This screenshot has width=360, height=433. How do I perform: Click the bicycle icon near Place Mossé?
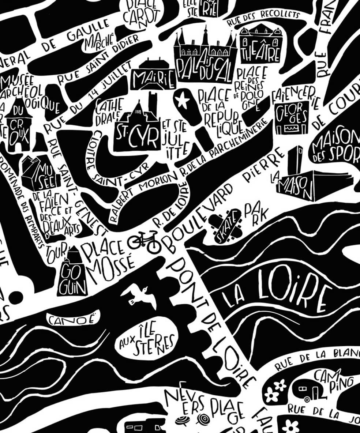pyautogui.click(x=144, y=241)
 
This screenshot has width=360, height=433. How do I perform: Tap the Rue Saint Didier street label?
pyautogui.click(x=99, y=60)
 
